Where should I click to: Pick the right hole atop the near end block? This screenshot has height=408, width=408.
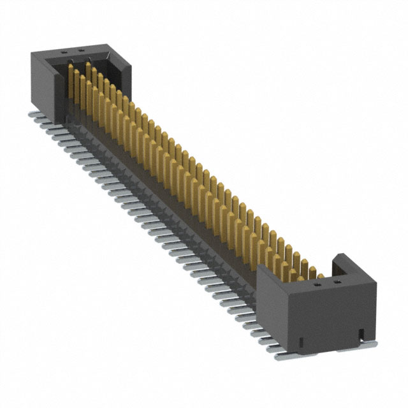point(337,279)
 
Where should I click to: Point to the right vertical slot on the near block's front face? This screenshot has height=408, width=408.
point(360,331)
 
